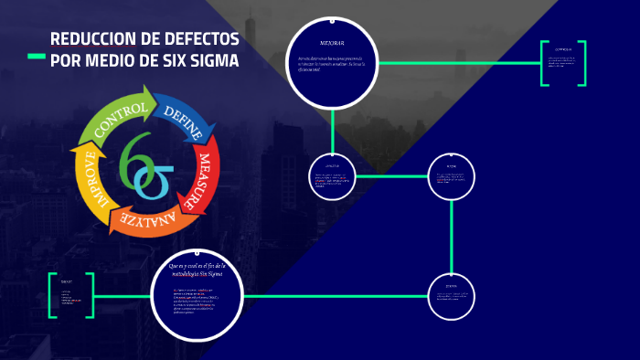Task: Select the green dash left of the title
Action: [x=37, y=57]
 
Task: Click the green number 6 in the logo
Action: [x=132, y=156]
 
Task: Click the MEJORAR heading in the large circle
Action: [x=332, y=43]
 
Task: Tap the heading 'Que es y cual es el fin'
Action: [x=196, y=269]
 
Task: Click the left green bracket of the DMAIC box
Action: [x=53, y=295]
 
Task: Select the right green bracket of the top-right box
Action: [x=581, y=63]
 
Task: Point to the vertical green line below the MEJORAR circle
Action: [x=332, y=128]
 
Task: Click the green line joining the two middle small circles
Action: [x=391, y=175]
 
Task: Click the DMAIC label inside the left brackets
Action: [x=67, y=281]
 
